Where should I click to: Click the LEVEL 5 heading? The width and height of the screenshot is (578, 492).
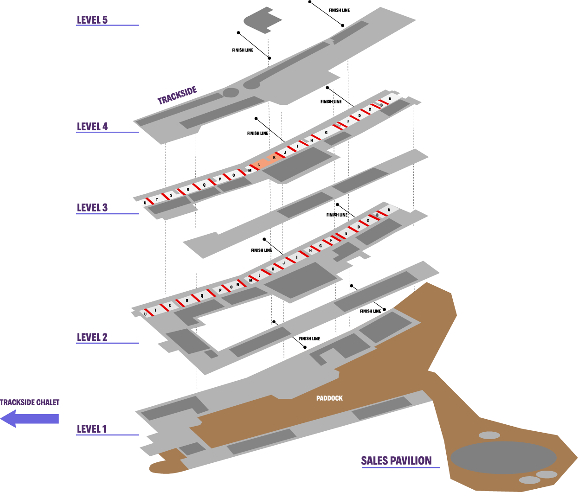[x=92, y=20]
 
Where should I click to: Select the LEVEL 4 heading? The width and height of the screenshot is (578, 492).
[x=92, y=127]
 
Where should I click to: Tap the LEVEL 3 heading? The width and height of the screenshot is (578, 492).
[x=92, y=208]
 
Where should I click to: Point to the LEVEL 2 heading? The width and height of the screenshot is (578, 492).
[x=92, y=338]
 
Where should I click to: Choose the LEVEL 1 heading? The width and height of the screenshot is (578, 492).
[x=91, y=429]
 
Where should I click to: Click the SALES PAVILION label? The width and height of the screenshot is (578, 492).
[x=396, y=460]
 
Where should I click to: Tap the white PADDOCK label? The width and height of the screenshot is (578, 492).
[x=329, y=398]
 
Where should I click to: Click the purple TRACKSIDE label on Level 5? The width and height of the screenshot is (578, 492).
[x=177, y=96]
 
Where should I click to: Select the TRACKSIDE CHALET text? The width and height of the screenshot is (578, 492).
[x=30, y=403]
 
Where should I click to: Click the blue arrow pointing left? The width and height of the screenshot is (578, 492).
[x=29, y=419]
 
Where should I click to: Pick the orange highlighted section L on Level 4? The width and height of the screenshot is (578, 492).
[x=259, y=164]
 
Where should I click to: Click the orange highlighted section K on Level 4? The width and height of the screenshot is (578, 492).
[x=274, y=158]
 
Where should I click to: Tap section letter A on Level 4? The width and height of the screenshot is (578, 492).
[x=390, y=99]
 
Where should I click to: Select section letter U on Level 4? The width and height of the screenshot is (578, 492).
[x=145, y=203]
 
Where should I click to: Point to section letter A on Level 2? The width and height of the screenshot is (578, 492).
[x=389, y=210]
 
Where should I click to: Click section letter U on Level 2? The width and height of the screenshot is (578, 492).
[x=145, y=314]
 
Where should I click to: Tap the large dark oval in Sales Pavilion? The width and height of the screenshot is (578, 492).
[x=503, y=458]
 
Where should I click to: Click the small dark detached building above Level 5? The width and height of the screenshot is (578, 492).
[x=262, y=20]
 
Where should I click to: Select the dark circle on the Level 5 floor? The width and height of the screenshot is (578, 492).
[x=231, y=93]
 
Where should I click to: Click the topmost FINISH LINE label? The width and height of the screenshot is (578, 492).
[x=339, y=10]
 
